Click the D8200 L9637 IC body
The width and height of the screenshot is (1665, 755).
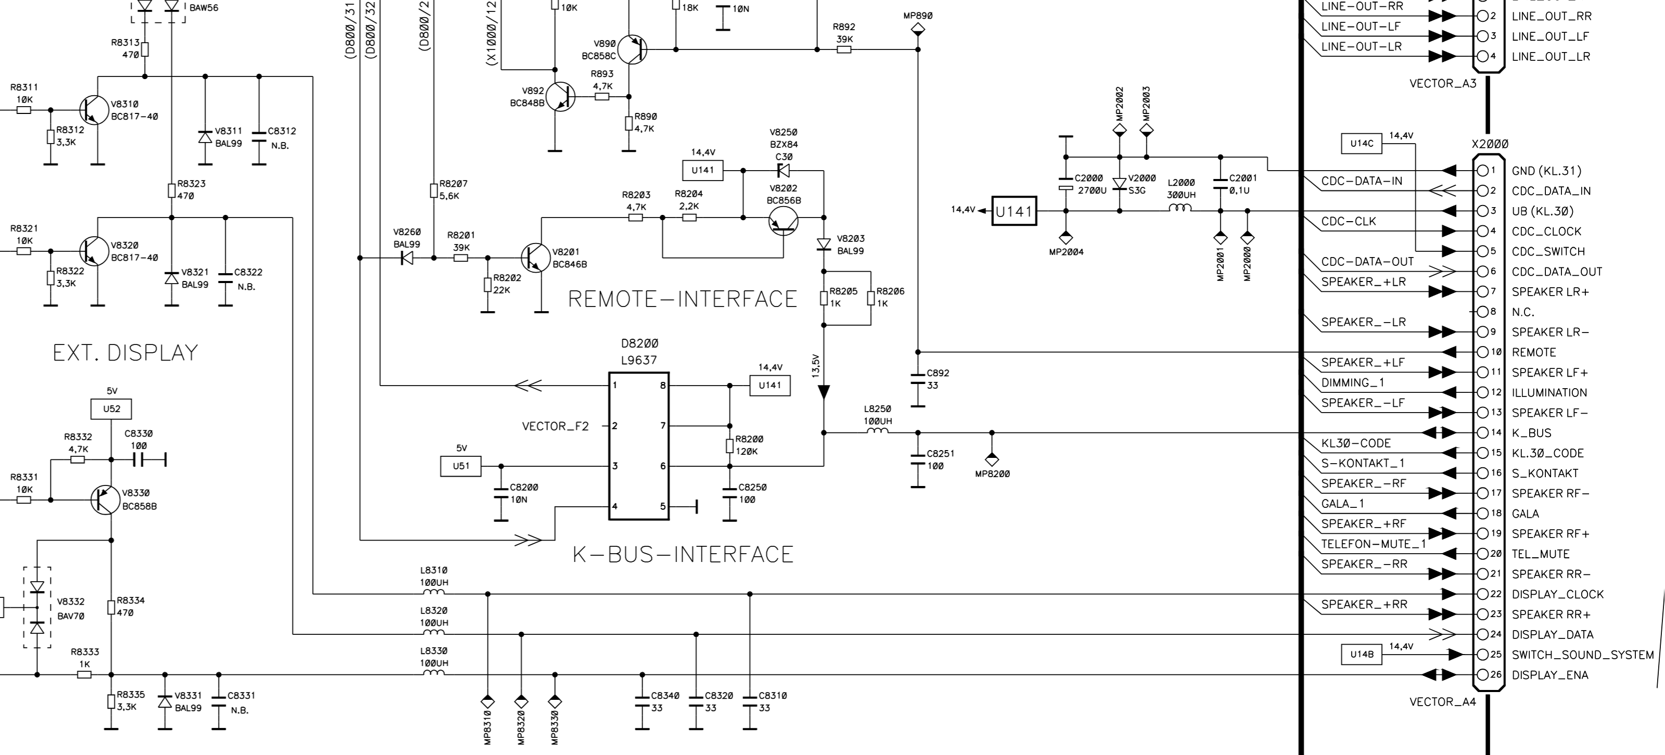[x=638, y=446]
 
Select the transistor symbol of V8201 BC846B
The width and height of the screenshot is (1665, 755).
[x=535, y=258]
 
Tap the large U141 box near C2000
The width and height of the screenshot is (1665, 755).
[x=1014, y=211]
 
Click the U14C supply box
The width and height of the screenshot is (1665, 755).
[x=1362, y=144]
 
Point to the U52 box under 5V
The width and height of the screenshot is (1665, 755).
[x=111, y=409]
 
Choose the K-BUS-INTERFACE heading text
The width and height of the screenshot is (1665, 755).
[x=683, y=555]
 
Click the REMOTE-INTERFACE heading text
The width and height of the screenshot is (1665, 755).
[x=683, y=299]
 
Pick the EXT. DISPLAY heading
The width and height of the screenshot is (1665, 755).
[x=125, y=353]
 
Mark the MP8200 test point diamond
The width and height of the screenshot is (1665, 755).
[x=992, y=459]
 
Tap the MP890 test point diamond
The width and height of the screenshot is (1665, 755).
[x=918, y=30]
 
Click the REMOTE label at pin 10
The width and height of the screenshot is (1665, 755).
[x=1534, y=353]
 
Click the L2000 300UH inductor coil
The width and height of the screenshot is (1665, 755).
[x=1181, y=208]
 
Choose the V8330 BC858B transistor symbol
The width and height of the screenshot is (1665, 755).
[x=105, y=500]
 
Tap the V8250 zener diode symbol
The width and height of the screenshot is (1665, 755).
[x=784, y=171]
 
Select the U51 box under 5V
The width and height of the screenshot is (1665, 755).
[x=461, y=466]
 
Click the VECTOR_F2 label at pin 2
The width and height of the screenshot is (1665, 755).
[x=556, y=427]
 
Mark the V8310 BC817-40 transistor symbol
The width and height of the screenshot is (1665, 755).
[x=95, y=110]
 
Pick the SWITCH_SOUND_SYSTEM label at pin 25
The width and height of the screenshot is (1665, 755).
[x=1583, y=655]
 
